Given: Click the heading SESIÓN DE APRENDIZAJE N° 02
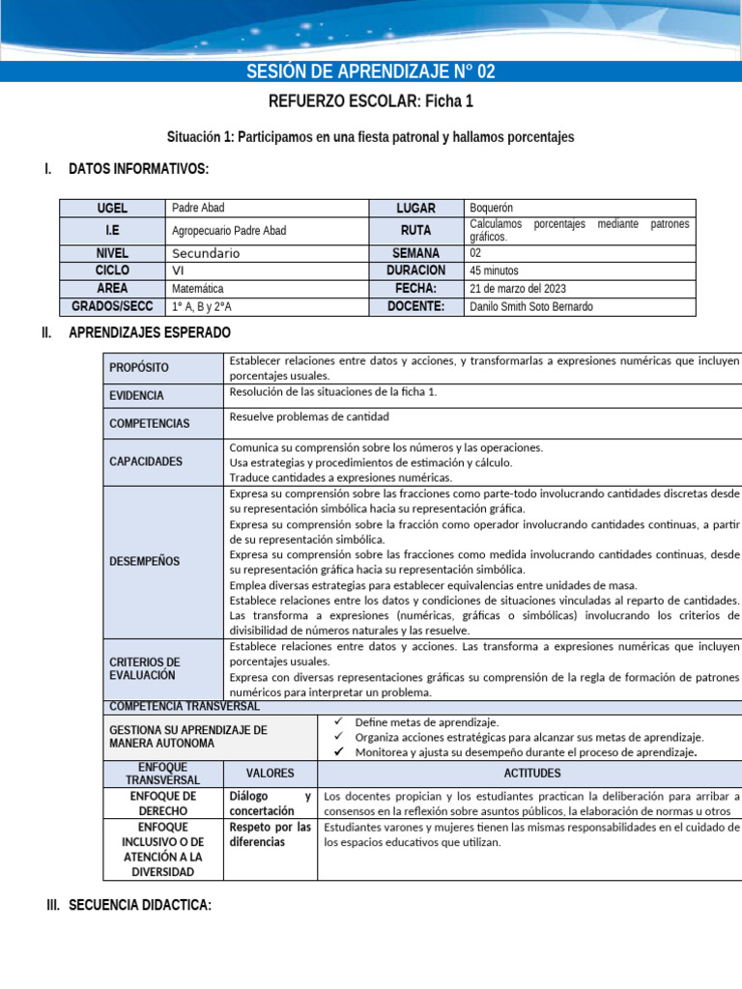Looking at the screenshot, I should [371, 72].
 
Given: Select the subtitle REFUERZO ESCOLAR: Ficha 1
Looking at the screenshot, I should [371, 101].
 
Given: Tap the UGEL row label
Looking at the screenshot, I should [112, 208].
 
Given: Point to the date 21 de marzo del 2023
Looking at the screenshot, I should [517, 289].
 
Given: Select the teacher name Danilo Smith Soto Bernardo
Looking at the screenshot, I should [531, 306].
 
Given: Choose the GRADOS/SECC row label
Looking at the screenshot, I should [112, 306].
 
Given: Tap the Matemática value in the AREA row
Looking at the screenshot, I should [197, 289].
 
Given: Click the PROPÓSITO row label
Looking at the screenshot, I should [138, 368].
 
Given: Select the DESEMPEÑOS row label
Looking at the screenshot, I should [144, 561].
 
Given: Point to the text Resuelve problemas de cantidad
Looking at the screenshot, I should [309, 416].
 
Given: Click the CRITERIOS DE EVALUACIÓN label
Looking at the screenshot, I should [144, 668].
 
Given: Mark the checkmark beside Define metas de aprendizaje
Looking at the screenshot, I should [337, 721].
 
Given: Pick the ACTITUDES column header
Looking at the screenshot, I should [531, 774].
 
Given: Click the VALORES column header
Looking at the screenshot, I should [270, 774].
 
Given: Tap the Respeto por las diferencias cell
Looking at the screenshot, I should [270, 834].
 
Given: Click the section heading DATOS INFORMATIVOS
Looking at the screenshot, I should [138, 170].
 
